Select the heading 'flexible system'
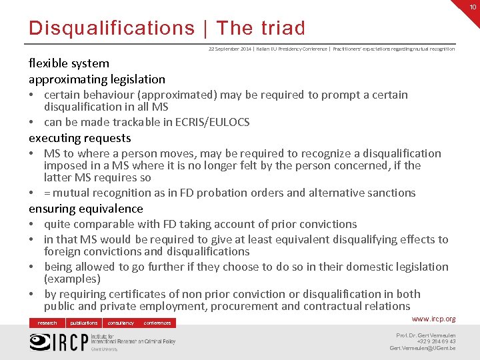click(x=69, y=63)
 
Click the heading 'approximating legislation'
click(x=97, y=79)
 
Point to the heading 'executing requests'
click(x=79, y=138)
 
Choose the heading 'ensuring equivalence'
click(x=85, y=209)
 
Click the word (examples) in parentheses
click(x=72, y=279)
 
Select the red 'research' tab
click(x=47, y=323)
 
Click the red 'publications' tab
click(x=84, y=323)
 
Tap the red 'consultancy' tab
click(x=121, y=323)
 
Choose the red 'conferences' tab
click(x=157, y=323)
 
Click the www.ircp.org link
click(x=434, y=319)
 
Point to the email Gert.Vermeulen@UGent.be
click(x=423, y=349)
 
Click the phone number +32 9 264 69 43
click(x=436, y=341)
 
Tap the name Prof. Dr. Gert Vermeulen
click(x=426, y=335)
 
